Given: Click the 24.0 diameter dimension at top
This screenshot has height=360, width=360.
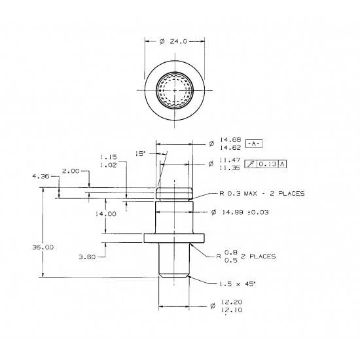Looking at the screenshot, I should (x=174, y=41).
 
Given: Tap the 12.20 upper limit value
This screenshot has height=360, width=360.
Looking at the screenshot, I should (x=232, y=302).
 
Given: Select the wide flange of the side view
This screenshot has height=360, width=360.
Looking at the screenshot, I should (x=174, y=238).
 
